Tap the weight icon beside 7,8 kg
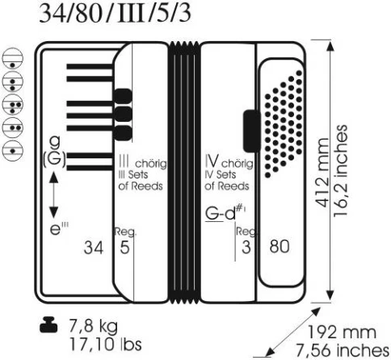48,324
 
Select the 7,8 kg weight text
94,326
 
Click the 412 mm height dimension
323,173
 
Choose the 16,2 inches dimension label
340,170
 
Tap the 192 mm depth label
342,332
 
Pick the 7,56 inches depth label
343,350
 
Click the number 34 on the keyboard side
94,247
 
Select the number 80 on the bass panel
280,246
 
